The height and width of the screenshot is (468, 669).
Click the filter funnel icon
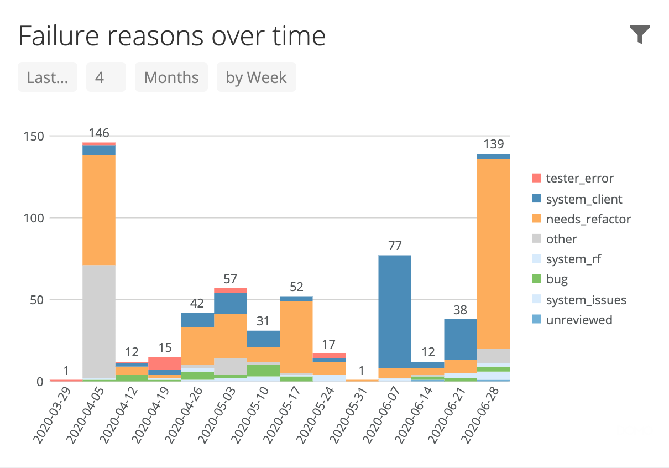pos(640,34)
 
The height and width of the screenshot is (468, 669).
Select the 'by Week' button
pos(256,77)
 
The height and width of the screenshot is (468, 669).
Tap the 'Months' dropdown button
pos(171,77)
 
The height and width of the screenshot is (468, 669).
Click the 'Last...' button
pos(48,77)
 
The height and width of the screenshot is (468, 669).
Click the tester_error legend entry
pos(579,178)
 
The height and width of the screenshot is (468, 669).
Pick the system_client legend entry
pos(583,199)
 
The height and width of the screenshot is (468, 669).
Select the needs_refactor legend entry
pos(588,219)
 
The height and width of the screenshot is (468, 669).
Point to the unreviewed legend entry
pos(578,320)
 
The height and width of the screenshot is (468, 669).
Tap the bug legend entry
pos(556,279)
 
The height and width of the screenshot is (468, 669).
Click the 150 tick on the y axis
pos(33,136)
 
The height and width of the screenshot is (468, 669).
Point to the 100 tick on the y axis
pos(33,218)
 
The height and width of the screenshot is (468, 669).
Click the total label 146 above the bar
pos(99,133)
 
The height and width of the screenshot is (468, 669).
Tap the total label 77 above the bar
pos(394,246)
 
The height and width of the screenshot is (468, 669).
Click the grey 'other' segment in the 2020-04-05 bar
pos(99,321)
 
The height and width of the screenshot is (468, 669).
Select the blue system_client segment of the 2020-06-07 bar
pos(394,310)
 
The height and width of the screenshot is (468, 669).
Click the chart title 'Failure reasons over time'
pos(172,36)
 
